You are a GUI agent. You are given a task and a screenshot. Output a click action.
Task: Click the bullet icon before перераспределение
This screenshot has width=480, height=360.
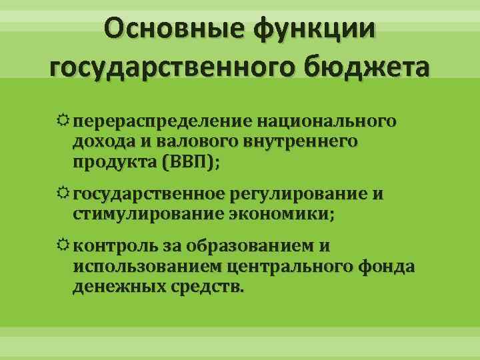pos(63,122)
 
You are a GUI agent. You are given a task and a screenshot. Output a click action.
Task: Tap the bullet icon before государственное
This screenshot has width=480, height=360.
pos(63,195)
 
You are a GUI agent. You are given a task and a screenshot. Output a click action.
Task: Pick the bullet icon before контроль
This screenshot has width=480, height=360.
pos(63,247)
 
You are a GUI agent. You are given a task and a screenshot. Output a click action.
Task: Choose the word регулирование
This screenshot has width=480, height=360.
pos(297,195)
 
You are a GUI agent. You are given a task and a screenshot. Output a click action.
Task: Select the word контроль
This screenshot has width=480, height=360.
pos(114,247)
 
